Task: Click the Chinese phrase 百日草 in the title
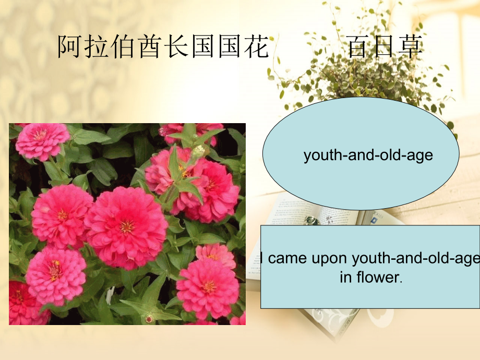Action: click(385, 47)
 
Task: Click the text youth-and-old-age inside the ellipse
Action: click(368, 155)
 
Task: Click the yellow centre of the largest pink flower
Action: click(127, 226)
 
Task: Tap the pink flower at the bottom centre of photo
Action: click(208, 287)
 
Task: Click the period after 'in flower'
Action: click(401, 281)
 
